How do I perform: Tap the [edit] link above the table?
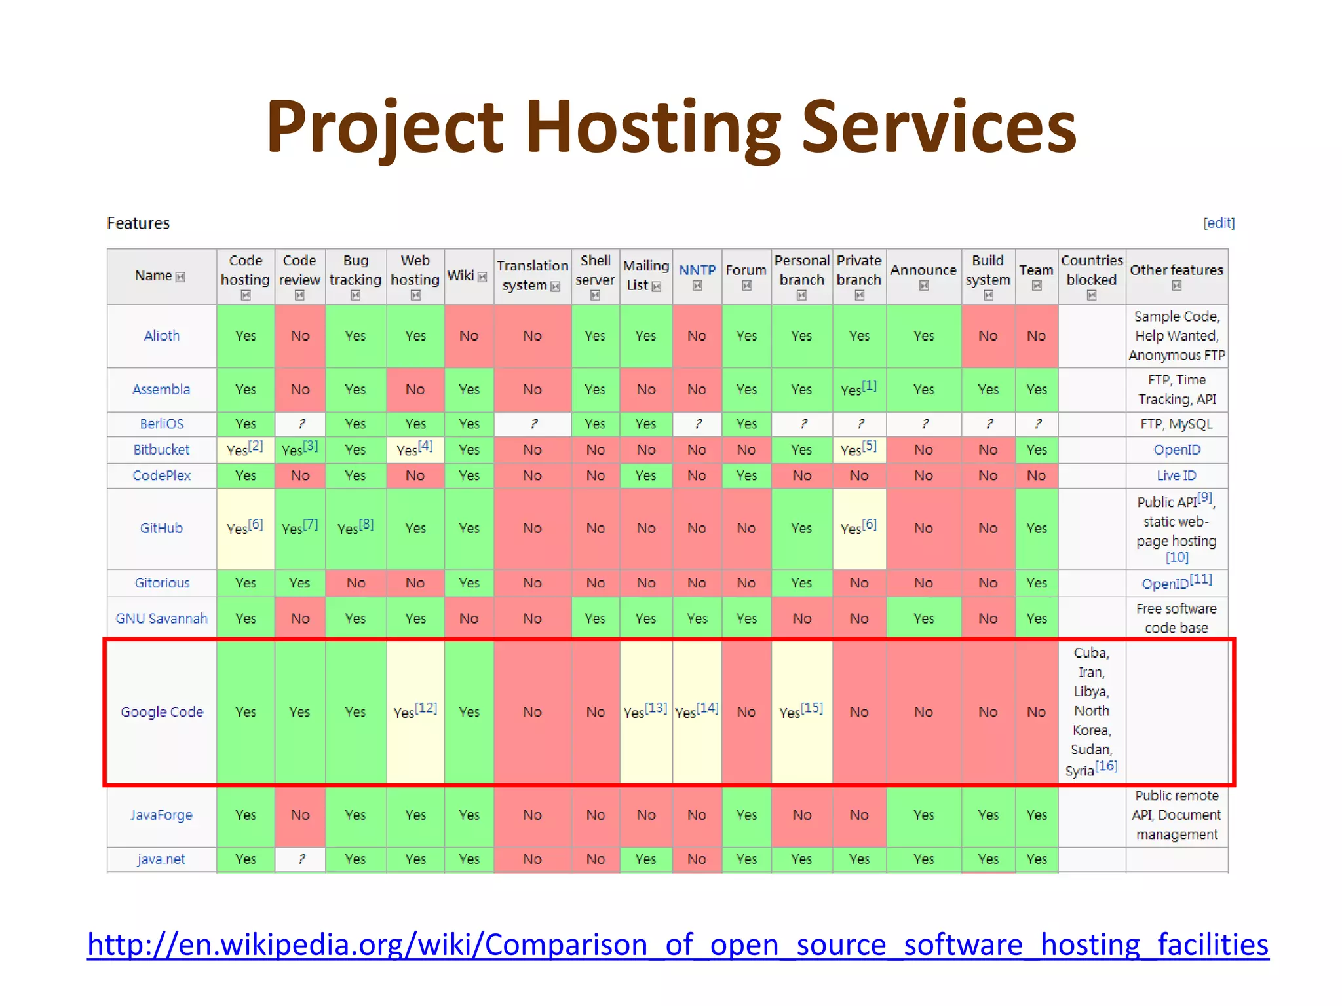(1218, 223)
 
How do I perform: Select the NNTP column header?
(697, 270)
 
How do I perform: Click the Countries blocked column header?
(1091, 270)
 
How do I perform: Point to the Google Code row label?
(162, 712)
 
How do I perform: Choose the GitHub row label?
(161, 528)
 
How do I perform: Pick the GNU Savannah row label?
(161, 618)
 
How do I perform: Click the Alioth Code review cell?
(300, 336)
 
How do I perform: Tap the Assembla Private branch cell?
(858, 390)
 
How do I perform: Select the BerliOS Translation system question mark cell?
(533, 424)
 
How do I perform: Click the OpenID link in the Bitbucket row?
(1177, 450)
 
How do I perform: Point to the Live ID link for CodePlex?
(1176, 475)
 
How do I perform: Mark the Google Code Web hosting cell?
(415, 712)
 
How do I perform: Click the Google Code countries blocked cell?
(1091, 712)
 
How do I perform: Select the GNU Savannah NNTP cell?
(697, 618)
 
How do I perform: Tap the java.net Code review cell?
(300, 859)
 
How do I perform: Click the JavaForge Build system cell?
(987, 815)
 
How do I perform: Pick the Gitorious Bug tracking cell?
(355, 583)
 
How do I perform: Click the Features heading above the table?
(138, 223)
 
